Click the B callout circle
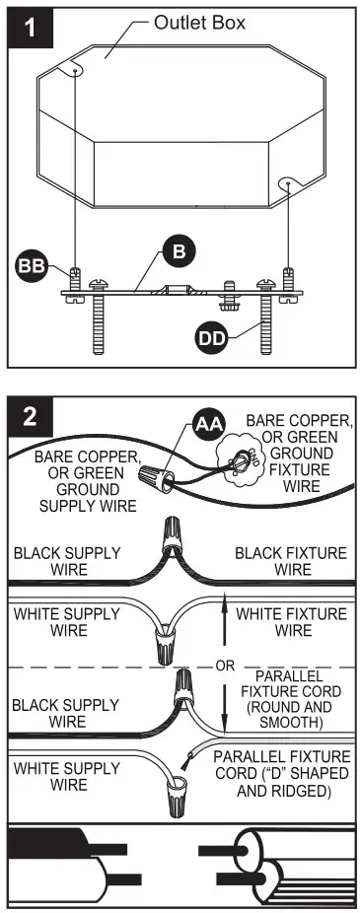point(178,252)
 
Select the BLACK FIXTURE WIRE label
point(286,561)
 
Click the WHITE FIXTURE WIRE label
point(293,621)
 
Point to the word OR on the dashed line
point(225,666)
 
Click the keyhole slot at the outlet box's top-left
point(75,69)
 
